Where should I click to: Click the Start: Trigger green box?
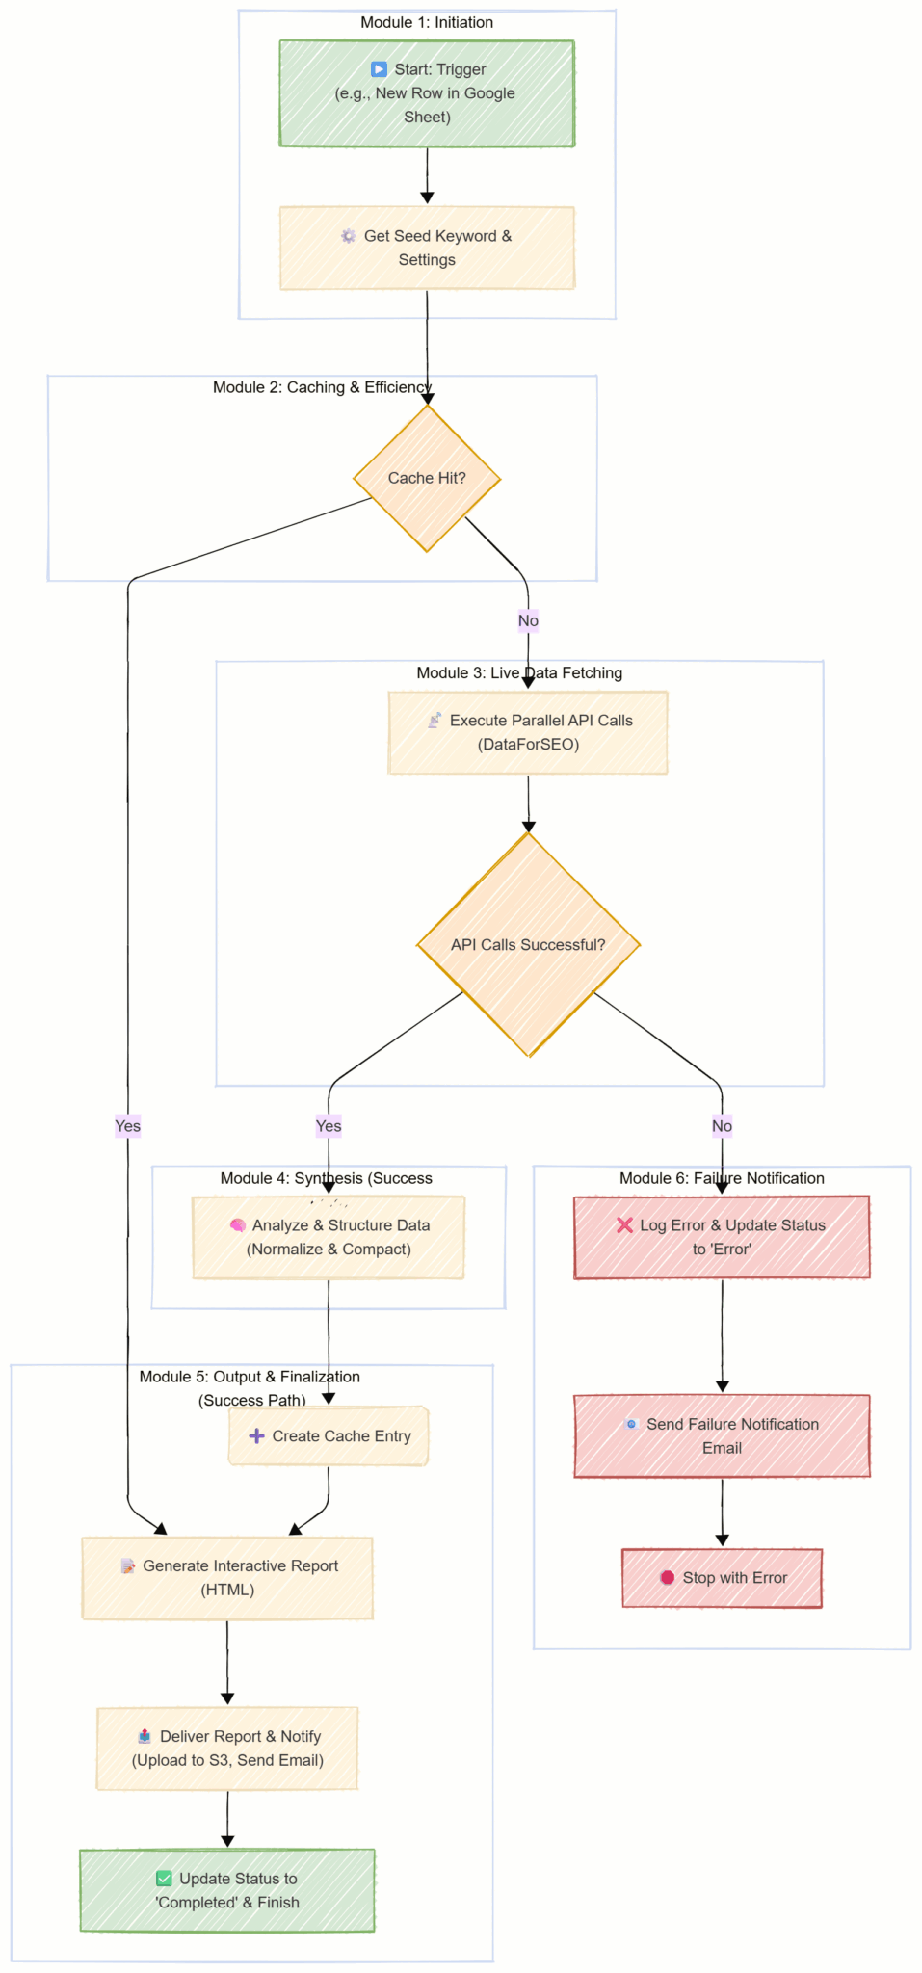point(427,93)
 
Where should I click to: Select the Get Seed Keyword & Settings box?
point(427,248)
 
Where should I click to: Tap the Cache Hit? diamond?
point(427,478)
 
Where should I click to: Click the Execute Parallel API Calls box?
point(528,732)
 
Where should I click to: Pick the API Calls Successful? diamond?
point(528,944)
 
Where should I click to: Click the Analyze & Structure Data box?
point(329,1237)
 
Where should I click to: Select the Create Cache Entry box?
point(329,1435)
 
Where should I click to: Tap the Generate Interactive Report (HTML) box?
point(227,1578)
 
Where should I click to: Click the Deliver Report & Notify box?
point(227,1749)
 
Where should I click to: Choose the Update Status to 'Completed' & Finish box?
point(227,1890)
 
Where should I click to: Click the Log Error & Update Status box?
point(722,1237)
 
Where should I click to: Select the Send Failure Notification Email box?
point(722,1435)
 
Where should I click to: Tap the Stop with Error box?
point(722,1578)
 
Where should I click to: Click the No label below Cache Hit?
point(528,620)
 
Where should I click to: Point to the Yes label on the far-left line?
point(128,1126)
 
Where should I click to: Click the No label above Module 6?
point(722,1126)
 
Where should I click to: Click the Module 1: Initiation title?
point(427,22)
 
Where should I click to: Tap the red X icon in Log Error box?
point(624,1225)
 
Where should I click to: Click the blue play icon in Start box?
point(379,69)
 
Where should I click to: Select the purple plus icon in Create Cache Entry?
point(256,1435)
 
